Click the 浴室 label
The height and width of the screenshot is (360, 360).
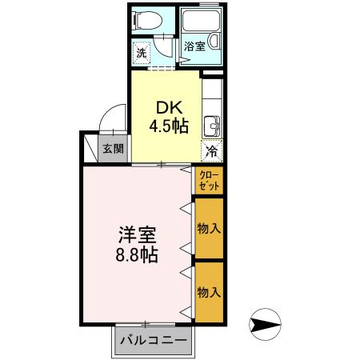(194, 46)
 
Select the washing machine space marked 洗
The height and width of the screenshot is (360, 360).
(141, 54)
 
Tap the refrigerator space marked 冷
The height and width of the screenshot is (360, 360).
(212, 150)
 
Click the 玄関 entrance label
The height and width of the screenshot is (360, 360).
(113, 148)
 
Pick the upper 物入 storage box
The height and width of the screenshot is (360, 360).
(209, 228)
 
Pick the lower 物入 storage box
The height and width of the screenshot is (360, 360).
(209, 292)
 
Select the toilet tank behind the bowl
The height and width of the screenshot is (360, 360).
(136, 21)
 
